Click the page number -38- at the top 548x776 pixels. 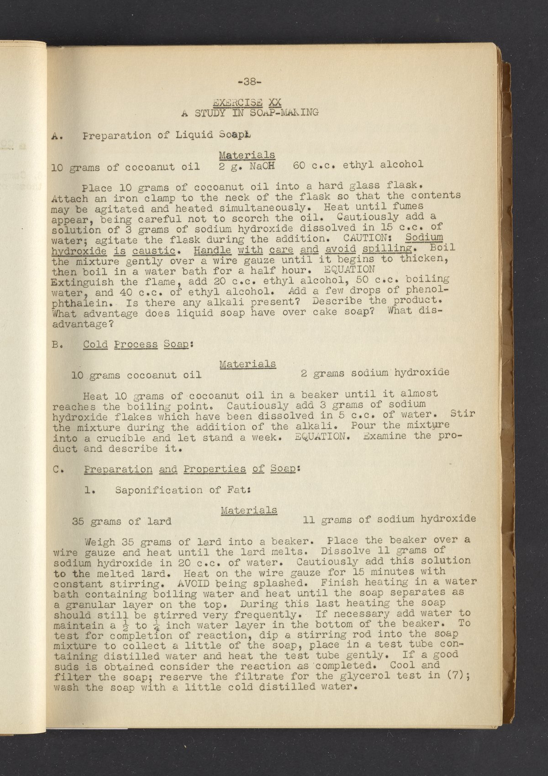coord(249,82)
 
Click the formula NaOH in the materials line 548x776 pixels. coord(262,165)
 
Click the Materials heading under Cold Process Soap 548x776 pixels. coord(248,364)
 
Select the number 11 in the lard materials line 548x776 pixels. coord(309,520)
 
